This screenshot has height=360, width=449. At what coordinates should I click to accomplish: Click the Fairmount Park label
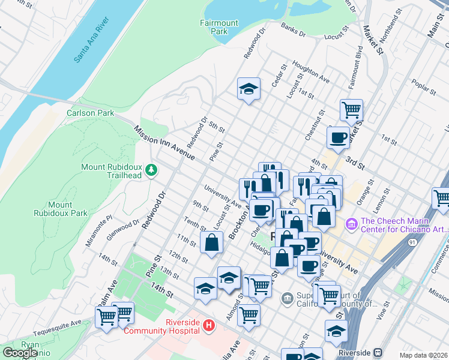tap(218, 27)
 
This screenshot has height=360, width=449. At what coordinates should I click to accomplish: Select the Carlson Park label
tap(91, 112)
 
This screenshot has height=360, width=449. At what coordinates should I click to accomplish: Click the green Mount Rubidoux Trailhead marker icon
tap(152, 170)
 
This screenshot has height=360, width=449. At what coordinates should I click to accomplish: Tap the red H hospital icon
tap(208, 326)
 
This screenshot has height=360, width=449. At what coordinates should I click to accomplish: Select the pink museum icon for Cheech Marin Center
tap(351, 224)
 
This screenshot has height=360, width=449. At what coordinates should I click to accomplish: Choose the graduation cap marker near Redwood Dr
tap(249, 90)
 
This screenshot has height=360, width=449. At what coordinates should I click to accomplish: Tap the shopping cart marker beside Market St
tap(351, 110)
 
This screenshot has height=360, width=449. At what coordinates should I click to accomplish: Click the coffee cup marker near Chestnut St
tap(339, 137)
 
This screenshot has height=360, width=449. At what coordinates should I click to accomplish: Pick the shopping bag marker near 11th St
tap(212, 244)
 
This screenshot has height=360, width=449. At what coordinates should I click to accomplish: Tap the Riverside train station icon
tap(378, 352)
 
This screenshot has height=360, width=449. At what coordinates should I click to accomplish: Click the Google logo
tap(20, 353)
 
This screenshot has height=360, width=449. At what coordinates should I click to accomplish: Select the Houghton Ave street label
tap(312, 71)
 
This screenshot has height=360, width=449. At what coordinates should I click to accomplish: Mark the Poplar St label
tap(424, 88)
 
